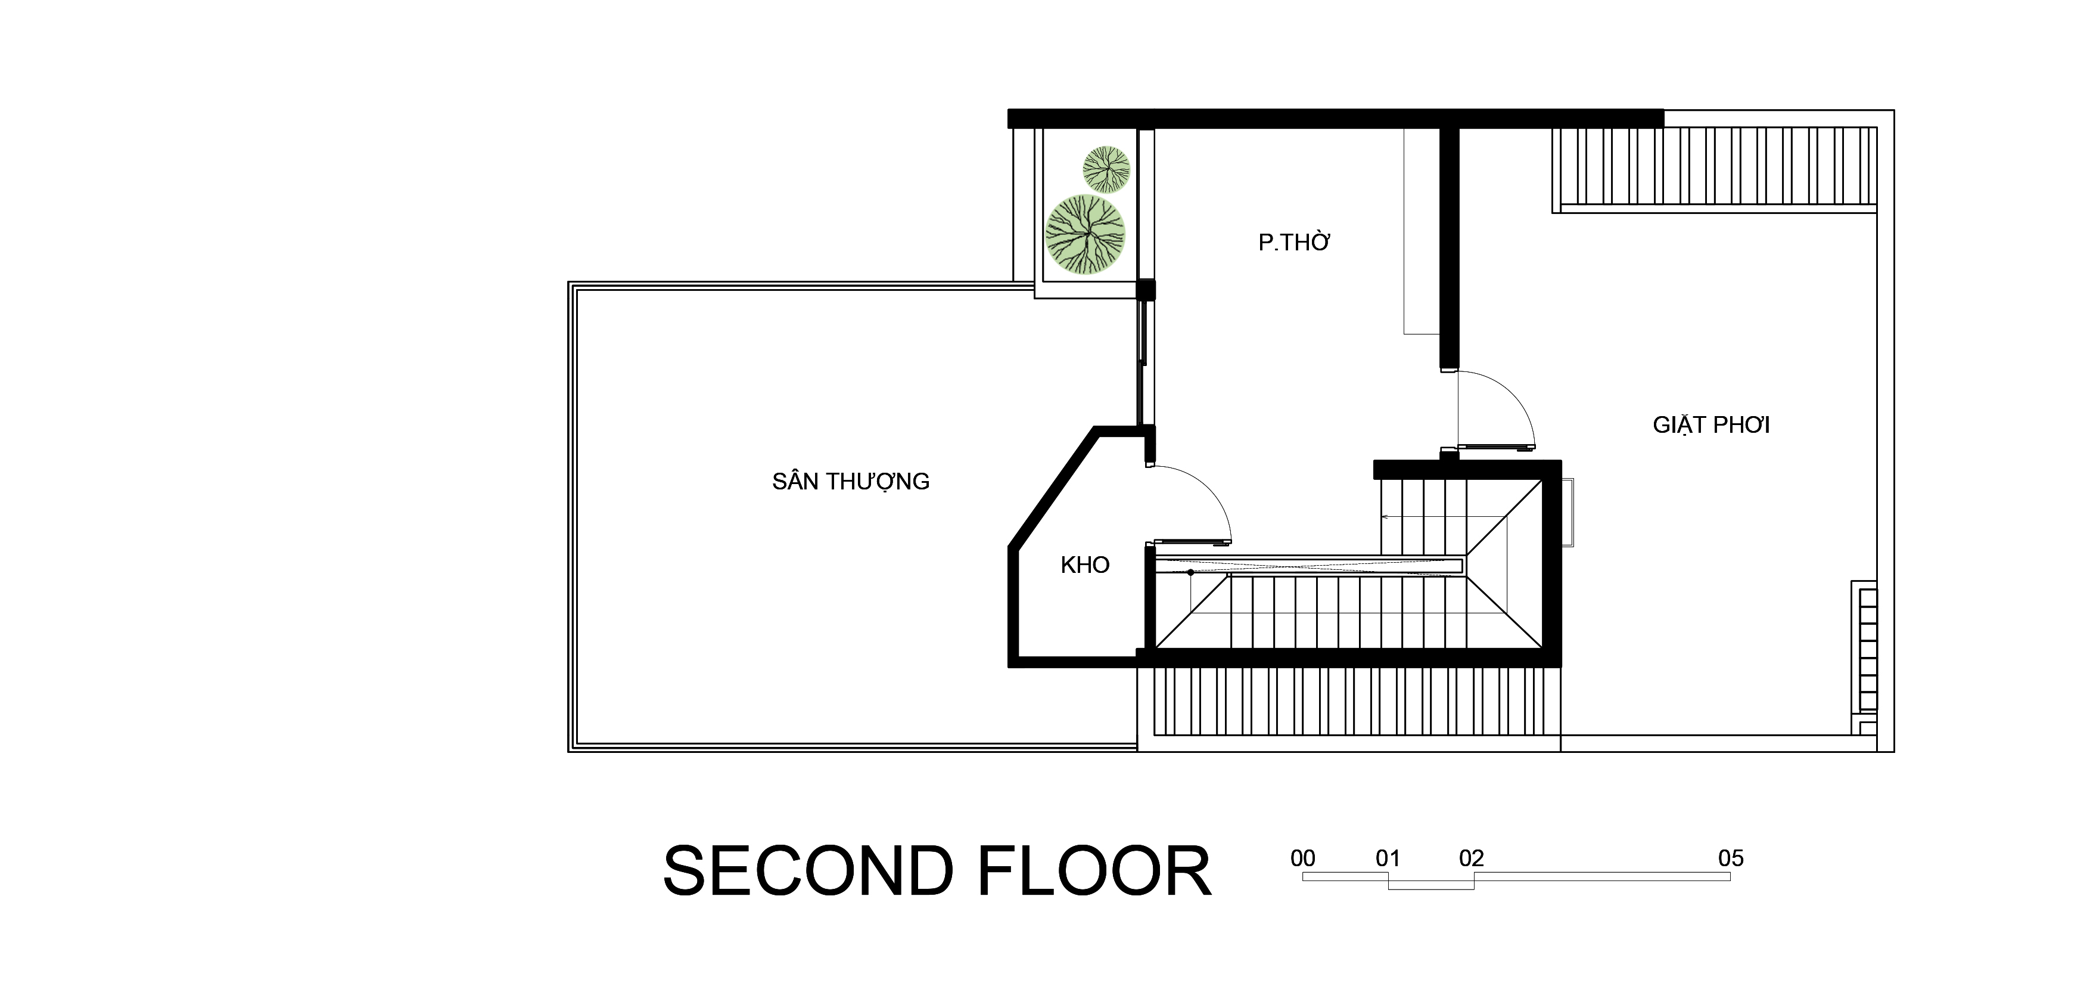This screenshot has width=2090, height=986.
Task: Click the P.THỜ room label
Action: click(x=1294, y=242)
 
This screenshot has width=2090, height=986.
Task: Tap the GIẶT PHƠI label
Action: click(x=1711, y=425)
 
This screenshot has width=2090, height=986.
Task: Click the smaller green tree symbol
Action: click(x=1106, y=169)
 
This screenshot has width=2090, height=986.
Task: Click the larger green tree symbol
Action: click(x=1085, y=234)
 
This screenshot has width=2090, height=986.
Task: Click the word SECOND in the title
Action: click(x=808, y=872)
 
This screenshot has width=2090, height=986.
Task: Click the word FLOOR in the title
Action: click(x=1094, y=872)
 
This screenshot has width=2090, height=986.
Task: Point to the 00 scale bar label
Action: click(x=1302, y=858)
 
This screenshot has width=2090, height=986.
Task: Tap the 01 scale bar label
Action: click(x=1388, y=858)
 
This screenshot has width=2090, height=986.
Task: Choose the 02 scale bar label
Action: click(x=1471, y=858)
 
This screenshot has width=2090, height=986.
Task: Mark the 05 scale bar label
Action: click(x=1731, y=858)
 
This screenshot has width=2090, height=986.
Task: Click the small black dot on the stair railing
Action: click(x=1190, y=573)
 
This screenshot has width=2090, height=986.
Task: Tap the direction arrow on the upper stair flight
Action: click(x=1444, y=516)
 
